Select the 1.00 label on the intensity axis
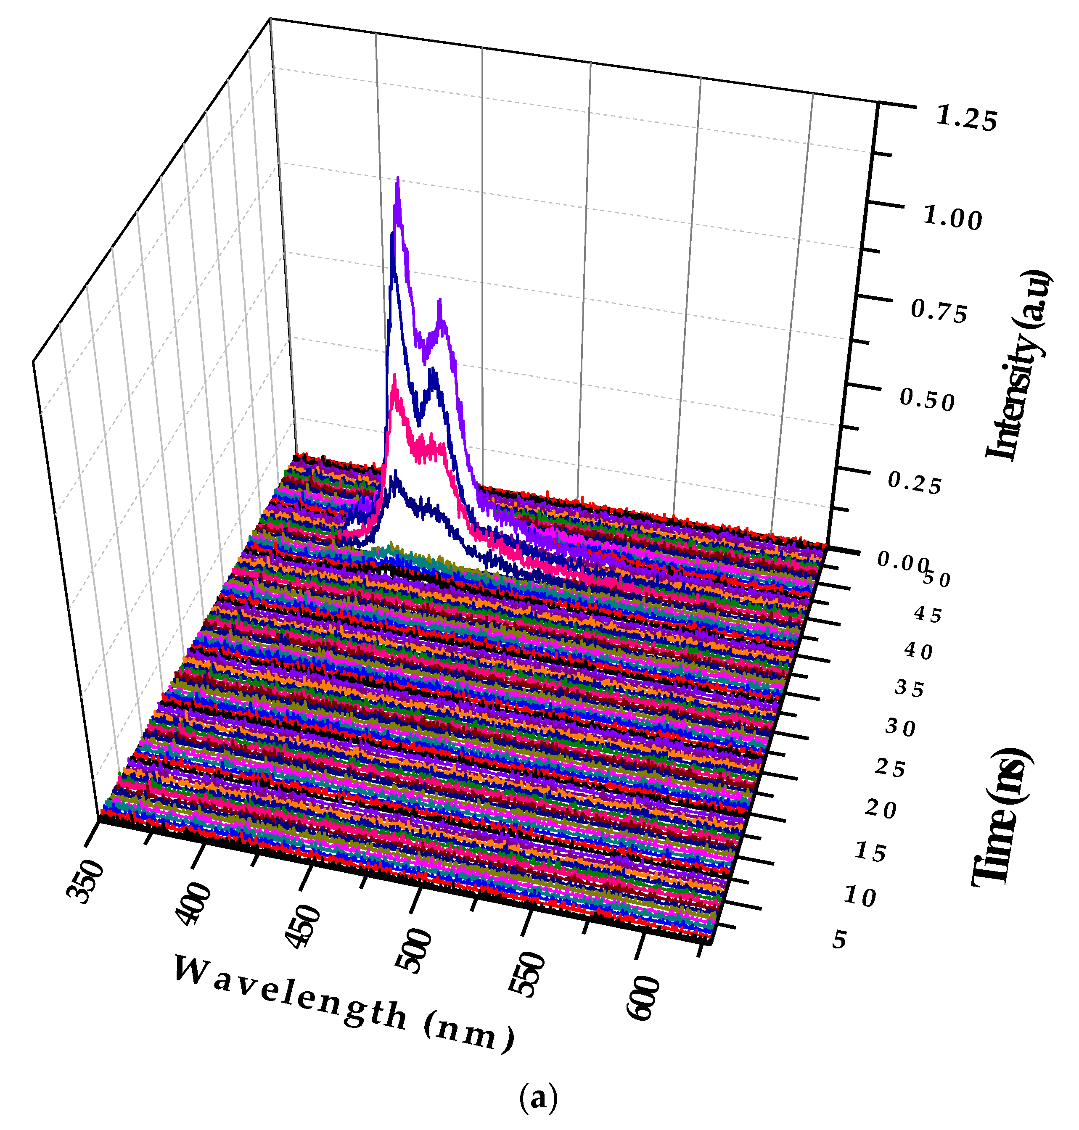(952, 219)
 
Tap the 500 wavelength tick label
(414, 950)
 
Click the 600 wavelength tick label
(641, 998)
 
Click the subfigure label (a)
(538, 1098)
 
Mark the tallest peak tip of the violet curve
(397, 180)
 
